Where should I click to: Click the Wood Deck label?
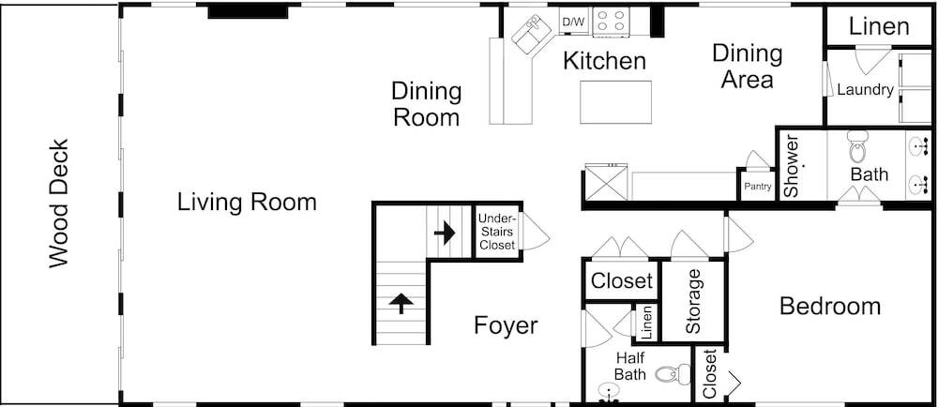click(x=58, y=203)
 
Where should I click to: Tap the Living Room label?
click(x=247, y=202)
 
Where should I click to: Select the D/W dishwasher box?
click(x=573, y=23)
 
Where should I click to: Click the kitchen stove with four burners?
click(x=610, y=23)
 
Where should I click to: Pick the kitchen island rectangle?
click(x=616, y=102)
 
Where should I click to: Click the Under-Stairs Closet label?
click(x=497, y=232)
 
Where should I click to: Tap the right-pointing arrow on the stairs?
click(x=445, y=233)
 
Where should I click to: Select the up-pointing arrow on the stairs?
click(x=401, y=303)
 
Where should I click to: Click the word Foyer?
click(x=507, y=326)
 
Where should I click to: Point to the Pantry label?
click(x=757, y=187)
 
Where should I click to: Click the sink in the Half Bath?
click(x=609, y=393)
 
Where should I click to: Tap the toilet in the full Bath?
click(x=856, y=147)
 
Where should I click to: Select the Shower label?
click(x=792, y=167)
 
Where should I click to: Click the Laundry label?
click(x=865, y=90)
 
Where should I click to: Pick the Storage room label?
click(x=693, y=301)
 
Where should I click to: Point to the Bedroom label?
click(x=830, y=307)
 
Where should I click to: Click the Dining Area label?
click(x=748, y=67)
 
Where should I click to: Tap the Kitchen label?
click(x=605, y=61)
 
